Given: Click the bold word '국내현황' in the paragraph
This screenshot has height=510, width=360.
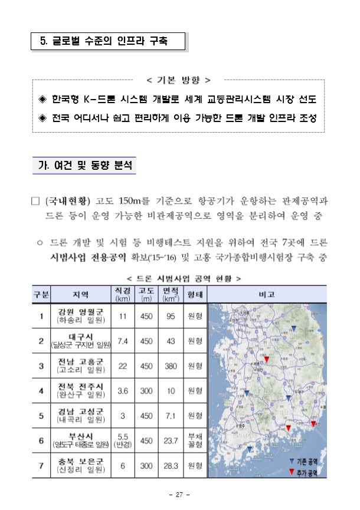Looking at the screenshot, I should pyautogui.click(x=68, y=200).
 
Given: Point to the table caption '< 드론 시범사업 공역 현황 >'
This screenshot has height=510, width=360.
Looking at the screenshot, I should pyautogui.click(x=179, y=277).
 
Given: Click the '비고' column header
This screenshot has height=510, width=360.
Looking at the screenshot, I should pyautogui.click(x=269, y=293).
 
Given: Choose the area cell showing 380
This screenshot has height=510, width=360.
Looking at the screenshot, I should pyautogui.click(x=171, y=366).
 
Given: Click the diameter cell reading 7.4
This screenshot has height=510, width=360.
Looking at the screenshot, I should pyautogui.click(x=123, y=341).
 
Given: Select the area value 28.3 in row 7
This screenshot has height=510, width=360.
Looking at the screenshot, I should pyautogui.click(x=171, y=466).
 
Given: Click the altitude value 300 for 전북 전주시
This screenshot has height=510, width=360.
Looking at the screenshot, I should pyautogui.click(x=146, y=390).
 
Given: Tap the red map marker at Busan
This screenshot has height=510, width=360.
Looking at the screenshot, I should pyautogui.click(x=313, y=424).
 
